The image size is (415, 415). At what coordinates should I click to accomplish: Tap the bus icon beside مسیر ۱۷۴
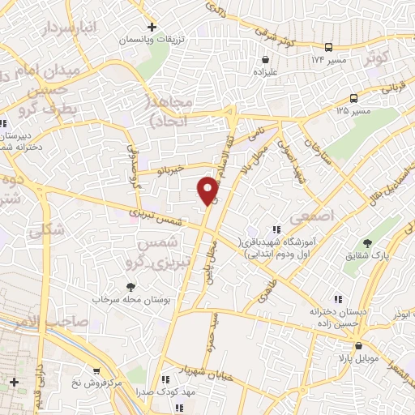328,48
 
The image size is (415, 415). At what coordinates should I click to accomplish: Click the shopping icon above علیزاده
266,59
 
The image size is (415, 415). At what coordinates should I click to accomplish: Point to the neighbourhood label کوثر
396,58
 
